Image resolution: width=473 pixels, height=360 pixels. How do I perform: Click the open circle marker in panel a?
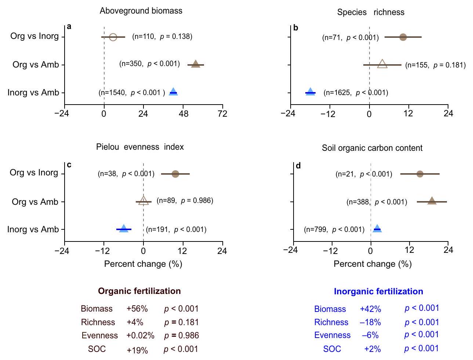pyautogui.click(x=113, y=37)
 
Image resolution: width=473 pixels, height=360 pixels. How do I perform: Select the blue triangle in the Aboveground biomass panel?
pyautogui.click(x=173, y=92)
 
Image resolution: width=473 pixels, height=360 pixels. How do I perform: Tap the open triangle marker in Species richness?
pyautogui.click(x=382, y=64)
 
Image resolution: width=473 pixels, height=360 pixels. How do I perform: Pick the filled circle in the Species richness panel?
pyautogui.click(x=403, y=37)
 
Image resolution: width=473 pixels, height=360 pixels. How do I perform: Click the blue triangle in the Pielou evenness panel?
pyautogui.click(x=124, y=229)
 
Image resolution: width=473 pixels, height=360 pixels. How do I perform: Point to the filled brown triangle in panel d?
pyautogui.click(x=432, y=201)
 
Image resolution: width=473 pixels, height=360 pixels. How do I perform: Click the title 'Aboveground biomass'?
pyautogui.click(x=141, y=11)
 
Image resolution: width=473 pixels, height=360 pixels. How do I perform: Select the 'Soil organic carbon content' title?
pyautogui.click(x=372, y=148)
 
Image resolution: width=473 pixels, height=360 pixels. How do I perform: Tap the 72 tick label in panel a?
pyautogui.click(x=222, y=114)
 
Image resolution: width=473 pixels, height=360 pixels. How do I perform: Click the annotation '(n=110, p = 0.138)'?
pyautogui.click(x=162, y=36)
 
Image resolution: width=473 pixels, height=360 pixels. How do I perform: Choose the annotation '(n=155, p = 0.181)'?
pyautogui.click(x=435, y=65)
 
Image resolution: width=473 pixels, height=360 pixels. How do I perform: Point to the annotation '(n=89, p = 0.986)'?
pyautogui.click(x=185, y=200)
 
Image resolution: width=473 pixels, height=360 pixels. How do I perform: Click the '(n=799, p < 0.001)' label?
pyautogui.click(x=334, y=229)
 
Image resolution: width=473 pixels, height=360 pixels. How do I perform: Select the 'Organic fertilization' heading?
pyautogui.click(x=139, y=291)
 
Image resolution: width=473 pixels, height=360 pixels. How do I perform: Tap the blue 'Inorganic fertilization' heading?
pyautogui.click(x=378, y=291)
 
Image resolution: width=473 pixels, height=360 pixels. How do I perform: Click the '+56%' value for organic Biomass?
pyautogui.click(x=137, y=309)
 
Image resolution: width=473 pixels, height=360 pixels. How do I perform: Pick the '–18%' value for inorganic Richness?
pyautogui.click(x=370, y=322)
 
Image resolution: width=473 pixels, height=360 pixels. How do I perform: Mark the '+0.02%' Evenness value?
pyautogui.click(x=140, y=335)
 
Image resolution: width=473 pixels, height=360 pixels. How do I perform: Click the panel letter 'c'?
pyautogui.click(x=69, y=165)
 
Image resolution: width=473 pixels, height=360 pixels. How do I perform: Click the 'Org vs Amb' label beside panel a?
pyautogui.click(x=36, y=65)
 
